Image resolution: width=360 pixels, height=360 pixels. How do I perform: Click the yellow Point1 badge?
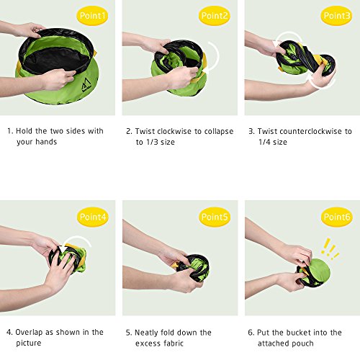pyautogui.click(x=92, y=16)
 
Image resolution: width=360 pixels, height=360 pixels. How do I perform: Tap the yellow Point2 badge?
pyautogui.click(x=215, y=16)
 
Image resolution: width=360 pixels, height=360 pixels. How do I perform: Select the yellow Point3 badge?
pyautogui.click(x=336, y=16)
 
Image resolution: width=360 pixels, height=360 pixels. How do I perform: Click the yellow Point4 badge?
pyautogui.click(x=93, y=217)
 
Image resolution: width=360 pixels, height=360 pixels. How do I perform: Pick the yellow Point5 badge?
pyautogui.click(x=215, y=217)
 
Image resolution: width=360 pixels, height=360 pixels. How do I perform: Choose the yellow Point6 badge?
pyautogui.click(x=337, y=217)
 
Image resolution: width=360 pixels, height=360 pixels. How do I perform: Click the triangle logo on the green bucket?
pyautogui.click(x=86, y=84)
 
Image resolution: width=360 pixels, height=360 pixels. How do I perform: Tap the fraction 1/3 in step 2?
pyautogui.click(x=152, y=142)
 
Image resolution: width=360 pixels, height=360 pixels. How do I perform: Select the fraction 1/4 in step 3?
pyautogui.click(x=264, y=142)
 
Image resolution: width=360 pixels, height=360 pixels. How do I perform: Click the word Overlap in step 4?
pyautogui.click(x=29, y=333)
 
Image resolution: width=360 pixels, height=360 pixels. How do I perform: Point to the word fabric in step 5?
pyautogui.click(x=171, y=343)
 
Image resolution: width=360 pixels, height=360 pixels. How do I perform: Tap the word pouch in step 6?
pyautogui.click(x=302, y=343)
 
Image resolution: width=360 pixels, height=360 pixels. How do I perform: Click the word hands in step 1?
pyautogui.click(x=46, y=142)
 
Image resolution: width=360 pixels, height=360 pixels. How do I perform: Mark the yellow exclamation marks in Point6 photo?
pyautogui.click(x=330, y=249)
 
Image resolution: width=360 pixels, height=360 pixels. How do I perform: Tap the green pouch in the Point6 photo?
pyautogui.click(x=318, y=271)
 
